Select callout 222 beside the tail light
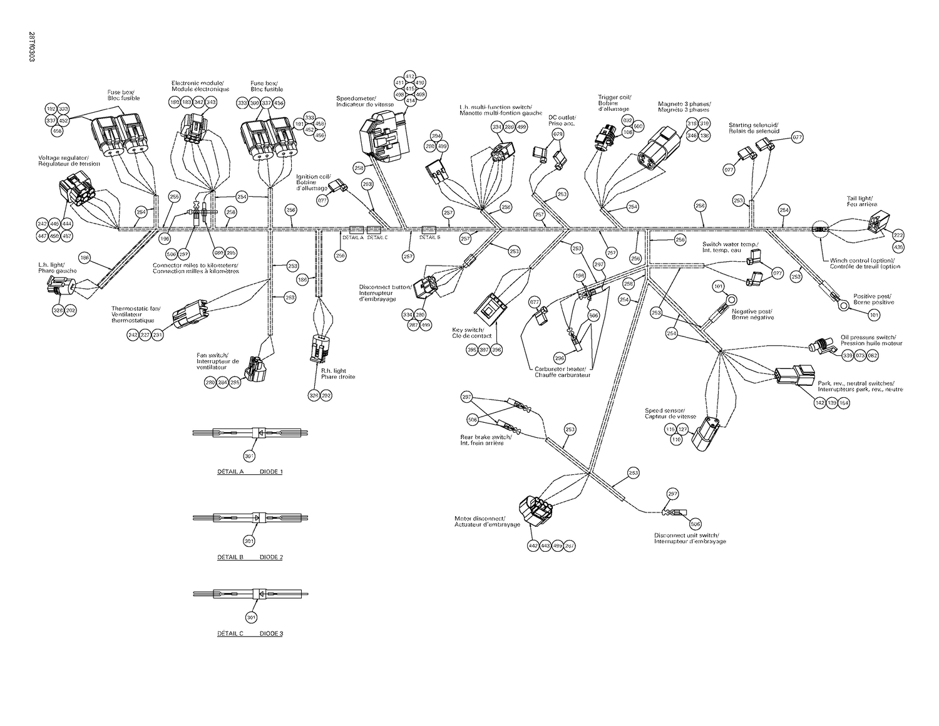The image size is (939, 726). tap(898, 234)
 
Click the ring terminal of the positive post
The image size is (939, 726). tap(844, 306)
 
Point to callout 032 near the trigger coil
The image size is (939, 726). tap(627, 120)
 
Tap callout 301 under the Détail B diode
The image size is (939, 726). tap(250, 541)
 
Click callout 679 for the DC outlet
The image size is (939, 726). tap(558, 134)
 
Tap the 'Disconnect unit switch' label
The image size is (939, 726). tap(689, 538)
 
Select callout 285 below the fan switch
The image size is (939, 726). tap(235, 383)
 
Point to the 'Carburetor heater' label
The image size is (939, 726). tap(562, 371)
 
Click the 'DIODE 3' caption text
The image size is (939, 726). tap(271, 633)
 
